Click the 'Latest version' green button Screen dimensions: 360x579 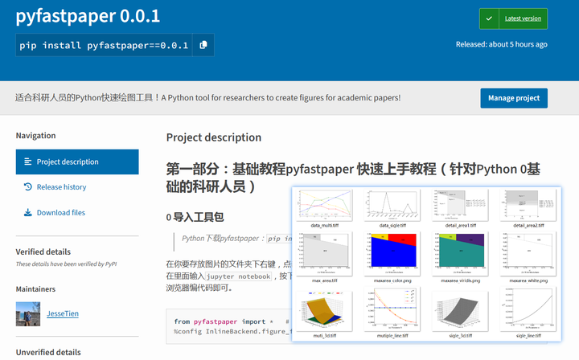513,18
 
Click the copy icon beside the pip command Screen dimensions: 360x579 203,45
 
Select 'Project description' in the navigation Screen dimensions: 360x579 77,162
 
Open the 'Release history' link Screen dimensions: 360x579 61,187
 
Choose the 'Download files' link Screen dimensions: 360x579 60,213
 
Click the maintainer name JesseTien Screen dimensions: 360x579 62,313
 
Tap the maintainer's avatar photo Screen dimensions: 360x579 28,313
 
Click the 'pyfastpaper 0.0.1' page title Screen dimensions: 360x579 88,15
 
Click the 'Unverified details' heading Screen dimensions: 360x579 48,352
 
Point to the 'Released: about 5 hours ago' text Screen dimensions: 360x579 501,44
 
